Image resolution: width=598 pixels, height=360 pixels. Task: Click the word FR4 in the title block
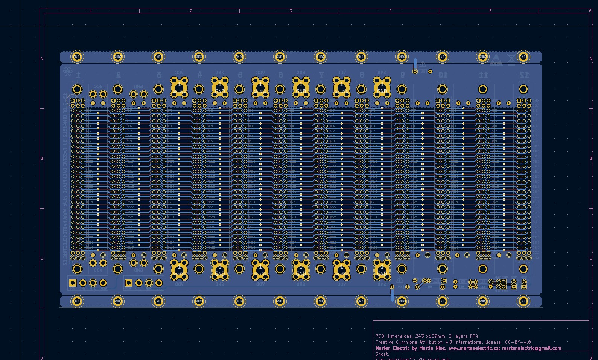[x=474, y=336]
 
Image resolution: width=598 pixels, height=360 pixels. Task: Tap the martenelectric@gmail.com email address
[x=531, y=348]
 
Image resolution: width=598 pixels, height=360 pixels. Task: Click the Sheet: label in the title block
[x=382, y=354]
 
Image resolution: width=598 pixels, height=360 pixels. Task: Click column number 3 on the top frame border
[x=291, y=11]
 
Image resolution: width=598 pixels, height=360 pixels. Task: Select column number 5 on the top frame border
[x=490, y=11]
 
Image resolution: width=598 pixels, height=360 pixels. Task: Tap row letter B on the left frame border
[x=42, y=159]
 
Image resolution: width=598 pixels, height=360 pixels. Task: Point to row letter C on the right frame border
[x=591, y=258]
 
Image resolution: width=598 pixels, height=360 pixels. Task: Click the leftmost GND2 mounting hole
[x=77, y=57]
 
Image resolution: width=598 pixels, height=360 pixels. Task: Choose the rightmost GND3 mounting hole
[x=523, y=301]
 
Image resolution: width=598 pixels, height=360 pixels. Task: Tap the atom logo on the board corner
[x=68, y=71]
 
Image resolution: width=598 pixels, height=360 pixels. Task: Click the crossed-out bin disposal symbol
[x=511, y=59]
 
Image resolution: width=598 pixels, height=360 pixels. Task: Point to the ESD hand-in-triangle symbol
[x=496, y=59]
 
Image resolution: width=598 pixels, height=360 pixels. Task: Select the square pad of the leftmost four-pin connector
[x=73, y=283]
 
